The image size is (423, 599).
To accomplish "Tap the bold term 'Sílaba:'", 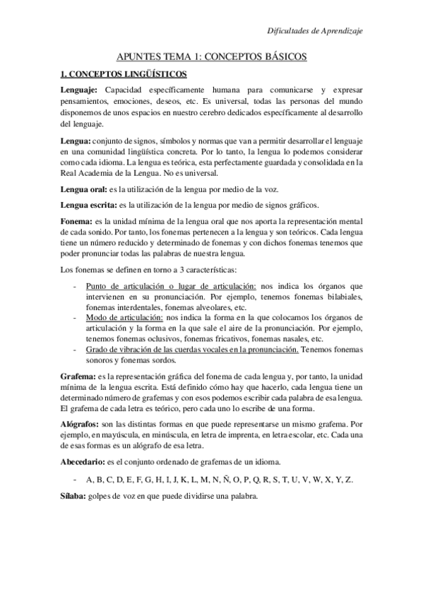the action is click(x=73, y=495).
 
